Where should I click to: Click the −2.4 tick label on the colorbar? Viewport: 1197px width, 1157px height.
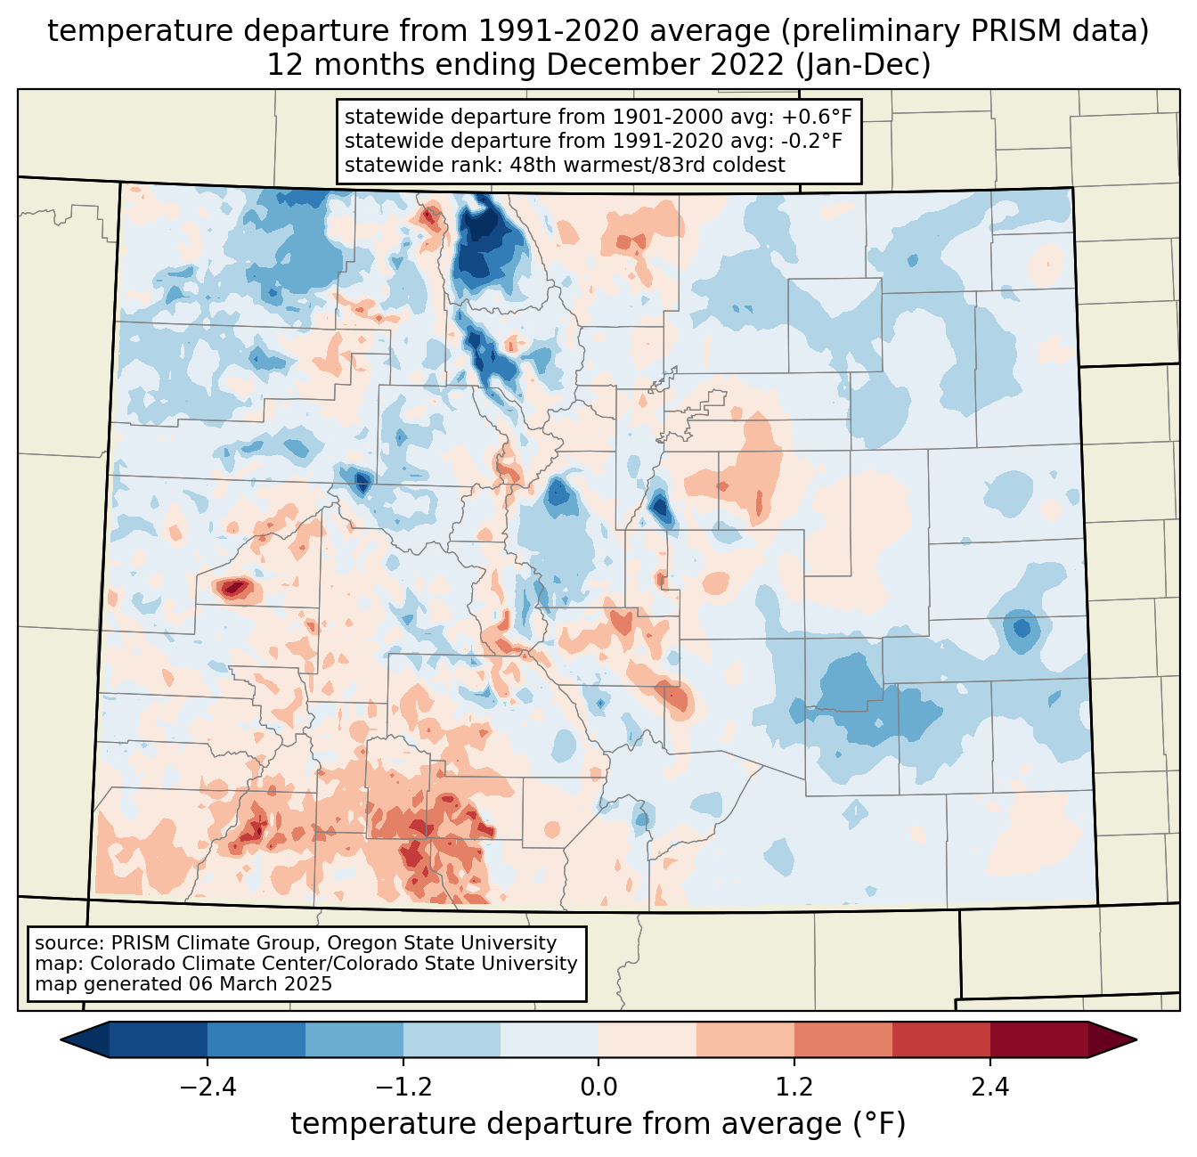point(208,1088)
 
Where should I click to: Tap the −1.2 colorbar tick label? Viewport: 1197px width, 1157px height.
point(403,1088)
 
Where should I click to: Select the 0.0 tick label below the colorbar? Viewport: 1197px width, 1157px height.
point(598,1088)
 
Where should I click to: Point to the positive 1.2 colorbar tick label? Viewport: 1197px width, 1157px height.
point(794,1088)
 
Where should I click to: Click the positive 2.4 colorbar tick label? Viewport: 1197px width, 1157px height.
point(990,1088)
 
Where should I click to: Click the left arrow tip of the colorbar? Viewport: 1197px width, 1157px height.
point(61,1040)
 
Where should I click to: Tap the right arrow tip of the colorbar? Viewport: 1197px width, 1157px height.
point(1136,1040)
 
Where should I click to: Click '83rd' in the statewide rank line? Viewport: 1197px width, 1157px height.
point(699,165)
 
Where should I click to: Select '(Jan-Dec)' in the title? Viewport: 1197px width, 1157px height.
point(863,65)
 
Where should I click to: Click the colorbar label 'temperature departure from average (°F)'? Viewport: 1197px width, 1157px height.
point(598,1124)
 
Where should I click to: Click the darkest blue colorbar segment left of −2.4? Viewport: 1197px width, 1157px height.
point(158,1040)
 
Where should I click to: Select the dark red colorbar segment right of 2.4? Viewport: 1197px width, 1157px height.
point(1039,1040)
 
